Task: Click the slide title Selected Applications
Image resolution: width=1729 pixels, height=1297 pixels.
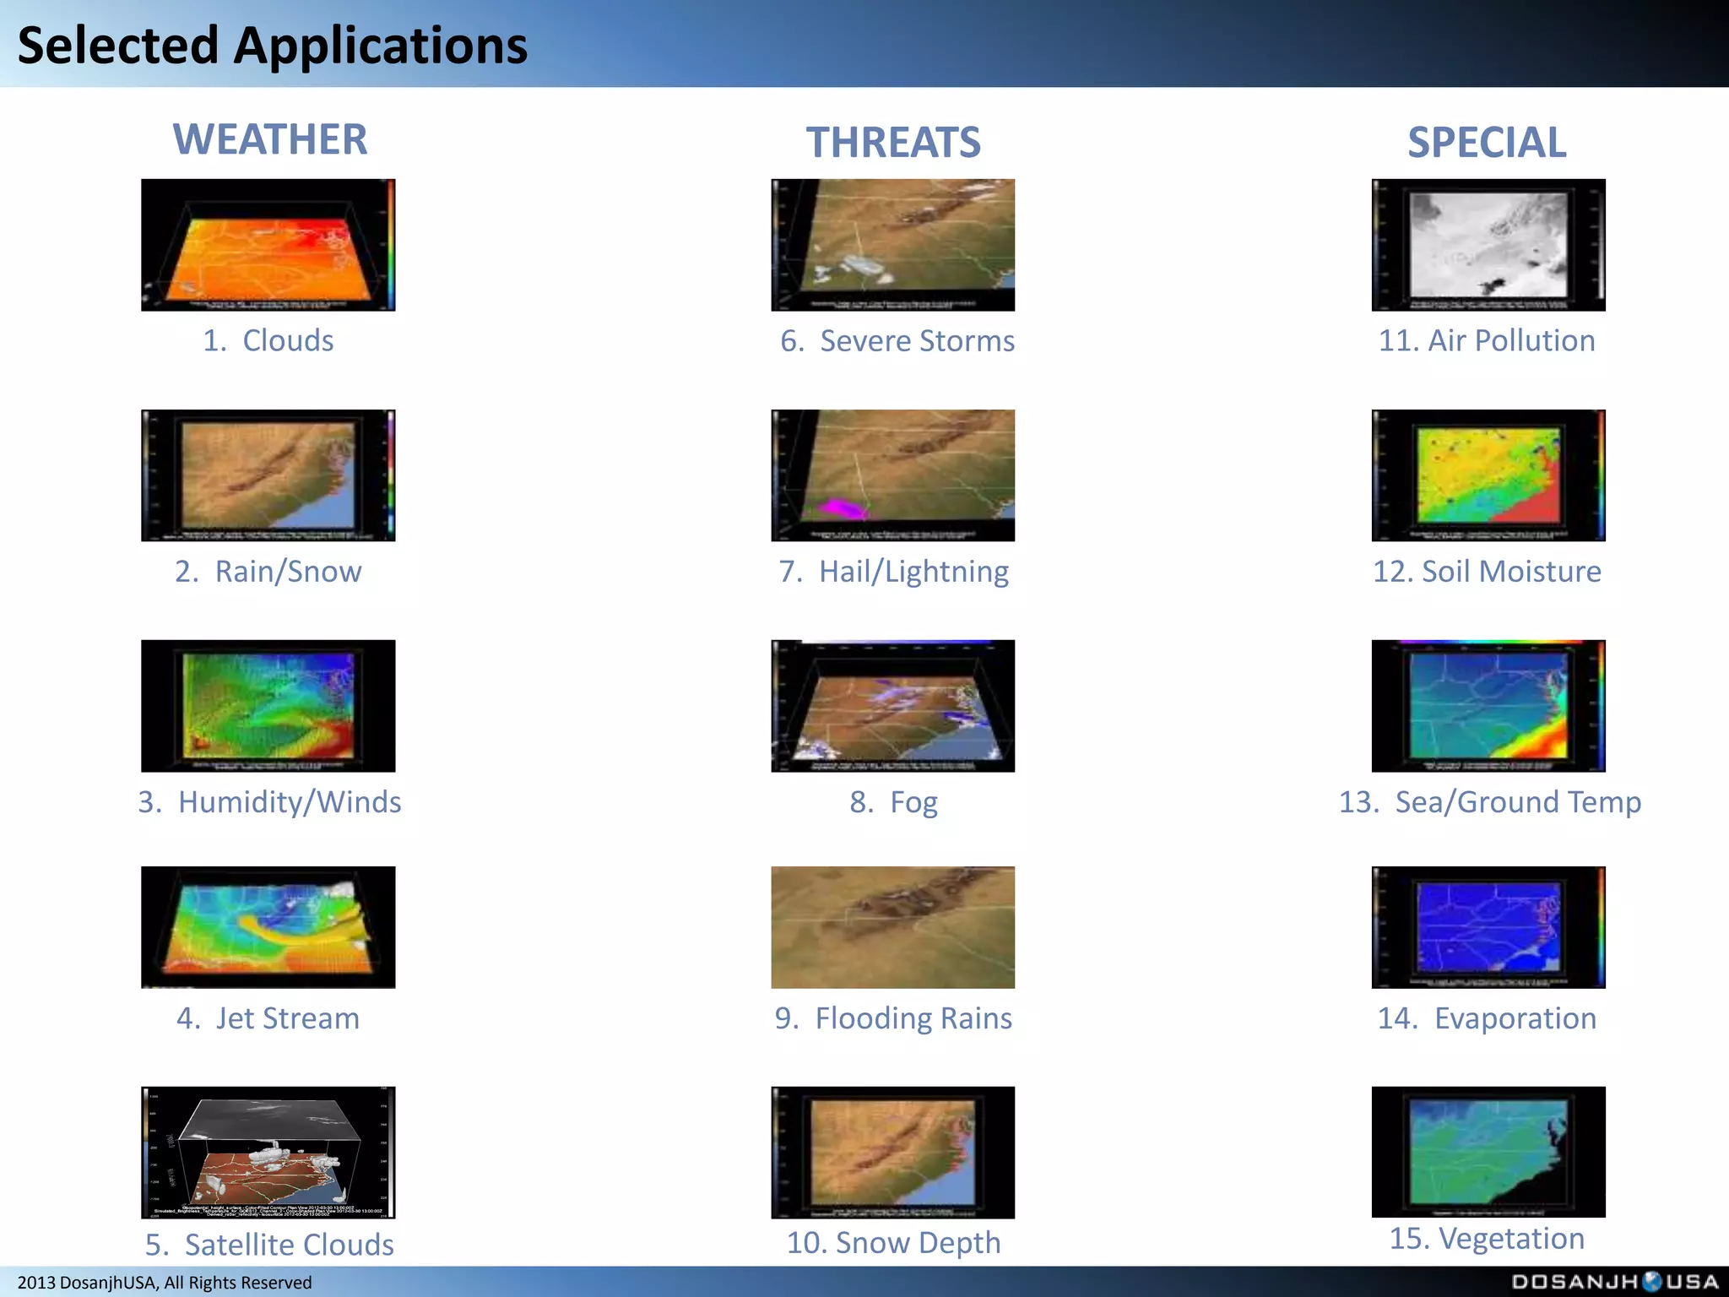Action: click(272, 46)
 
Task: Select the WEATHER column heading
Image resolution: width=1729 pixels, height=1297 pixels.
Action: click(270, 139)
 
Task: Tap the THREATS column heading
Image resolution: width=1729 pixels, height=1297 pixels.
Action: click(893, 142)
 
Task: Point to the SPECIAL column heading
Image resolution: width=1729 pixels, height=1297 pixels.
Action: click(1487, 142)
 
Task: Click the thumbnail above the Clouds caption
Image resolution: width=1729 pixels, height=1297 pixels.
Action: click(268, 245)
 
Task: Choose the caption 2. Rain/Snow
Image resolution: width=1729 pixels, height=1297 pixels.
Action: click(268, 572)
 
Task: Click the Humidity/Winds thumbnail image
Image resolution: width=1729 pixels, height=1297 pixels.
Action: click(268, 706)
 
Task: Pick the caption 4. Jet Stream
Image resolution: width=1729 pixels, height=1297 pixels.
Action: click(268, 1018)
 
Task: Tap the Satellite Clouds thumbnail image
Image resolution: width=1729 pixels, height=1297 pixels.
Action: click(268, 1152)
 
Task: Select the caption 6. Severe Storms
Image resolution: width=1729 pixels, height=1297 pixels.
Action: click(897, 341)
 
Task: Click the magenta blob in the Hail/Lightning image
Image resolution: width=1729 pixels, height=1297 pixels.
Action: click(838, 508)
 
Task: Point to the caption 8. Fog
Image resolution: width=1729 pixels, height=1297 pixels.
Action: click(893, 802)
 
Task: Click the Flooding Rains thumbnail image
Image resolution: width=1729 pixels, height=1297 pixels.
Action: click(892, 927)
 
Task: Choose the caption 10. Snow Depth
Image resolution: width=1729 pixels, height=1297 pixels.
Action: click(893, 1243)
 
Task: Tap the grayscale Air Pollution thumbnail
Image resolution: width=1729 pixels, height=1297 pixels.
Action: click(1488, 245)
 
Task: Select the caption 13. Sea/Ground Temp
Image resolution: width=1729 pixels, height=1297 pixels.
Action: click(1489, 802)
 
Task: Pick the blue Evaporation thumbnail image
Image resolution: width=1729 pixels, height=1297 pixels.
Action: click(1488, 927)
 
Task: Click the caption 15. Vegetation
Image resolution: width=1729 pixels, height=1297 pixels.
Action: click(1487, 1239)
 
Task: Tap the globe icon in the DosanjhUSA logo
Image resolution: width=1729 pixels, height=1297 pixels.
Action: click(1652, 1281)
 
